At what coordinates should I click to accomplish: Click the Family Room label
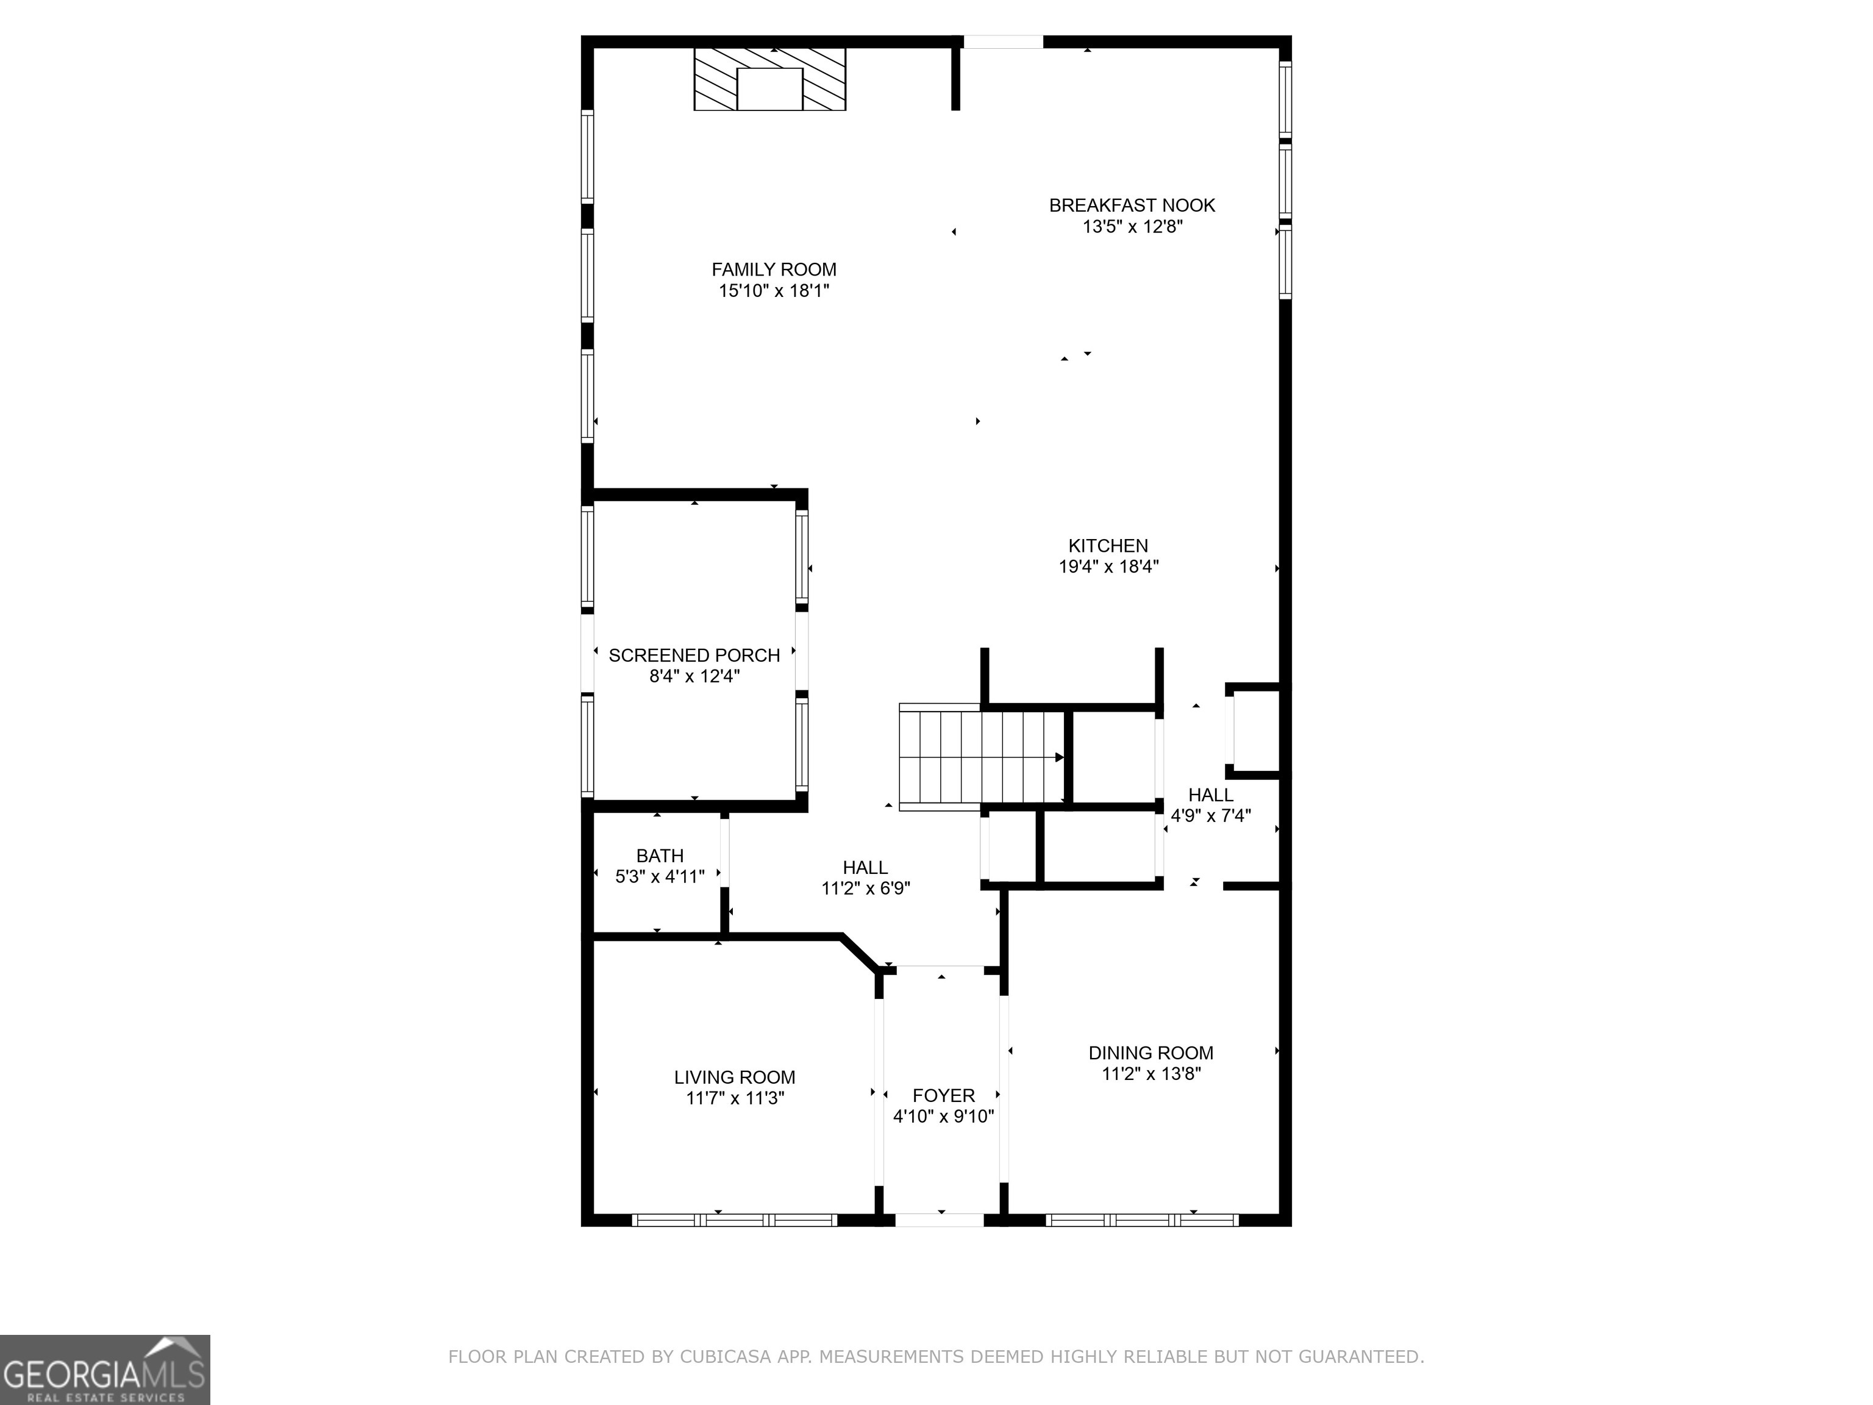774,270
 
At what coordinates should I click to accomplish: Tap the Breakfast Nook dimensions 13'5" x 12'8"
1132,227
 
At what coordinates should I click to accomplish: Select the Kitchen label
1108,546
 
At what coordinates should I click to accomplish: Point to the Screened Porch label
694,656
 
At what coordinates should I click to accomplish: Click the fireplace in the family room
769,79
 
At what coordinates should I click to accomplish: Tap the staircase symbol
982,757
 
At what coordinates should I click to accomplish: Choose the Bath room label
660,856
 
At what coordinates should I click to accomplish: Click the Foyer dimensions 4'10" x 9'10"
943,1116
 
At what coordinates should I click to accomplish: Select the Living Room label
735,1078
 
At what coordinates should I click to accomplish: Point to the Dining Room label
1151,1053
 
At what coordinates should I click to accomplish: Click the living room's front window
734,1220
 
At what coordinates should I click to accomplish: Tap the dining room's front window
1142,1220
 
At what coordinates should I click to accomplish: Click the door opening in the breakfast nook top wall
1004,41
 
